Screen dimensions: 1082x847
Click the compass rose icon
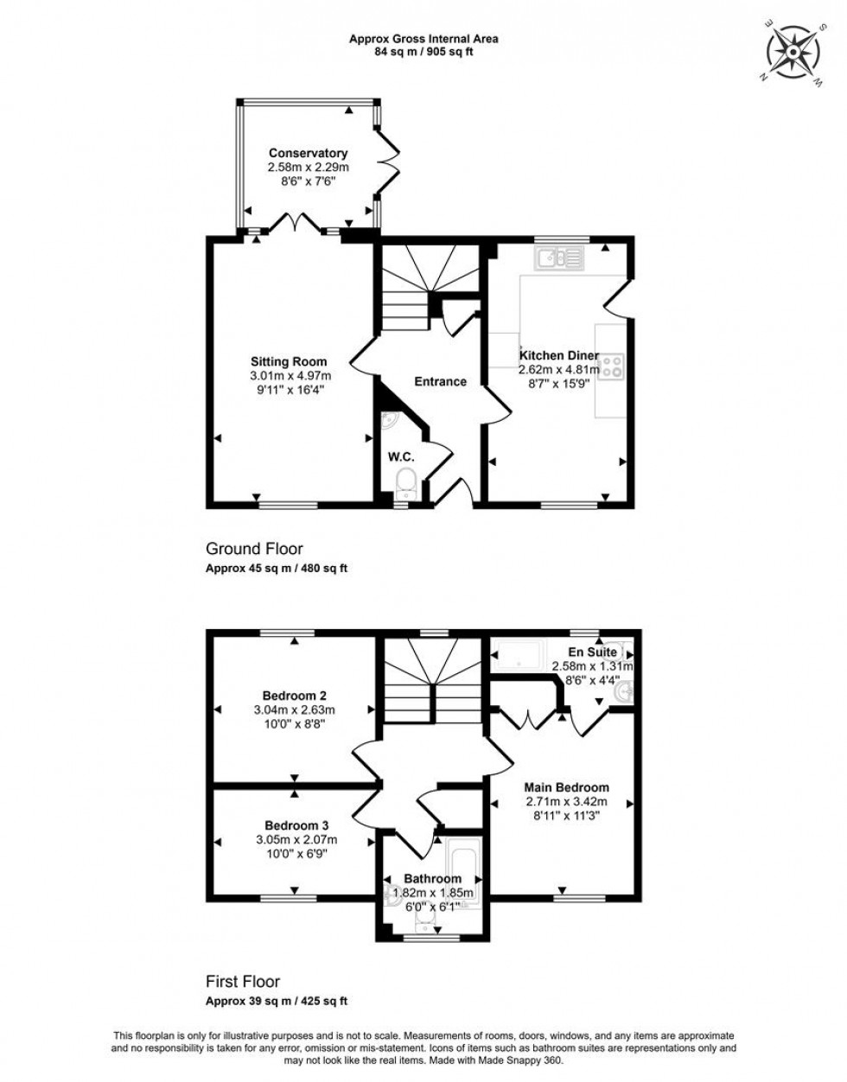[793, 54]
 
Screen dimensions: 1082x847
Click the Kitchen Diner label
[559, 355]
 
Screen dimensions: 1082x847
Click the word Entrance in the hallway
[440, 381]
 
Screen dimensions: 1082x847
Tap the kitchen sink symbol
[559, 257]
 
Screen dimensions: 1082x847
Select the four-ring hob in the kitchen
[612, 366]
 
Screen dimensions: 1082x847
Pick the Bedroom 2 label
[295, 695]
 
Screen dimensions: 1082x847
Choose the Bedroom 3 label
[296, 825]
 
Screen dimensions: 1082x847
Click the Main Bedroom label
[567, 787]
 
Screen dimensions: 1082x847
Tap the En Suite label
[592, 652]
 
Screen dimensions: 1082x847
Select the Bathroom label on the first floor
[433, 879]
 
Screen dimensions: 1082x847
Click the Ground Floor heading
[254, 549]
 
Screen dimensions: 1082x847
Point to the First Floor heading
[243, 982]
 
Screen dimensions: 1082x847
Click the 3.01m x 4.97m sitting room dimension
[290, 376]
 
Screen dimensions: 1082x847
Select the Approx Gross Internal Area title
[423, 38]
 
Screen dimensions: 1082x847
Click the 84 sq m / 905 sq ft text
[423, 52]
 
